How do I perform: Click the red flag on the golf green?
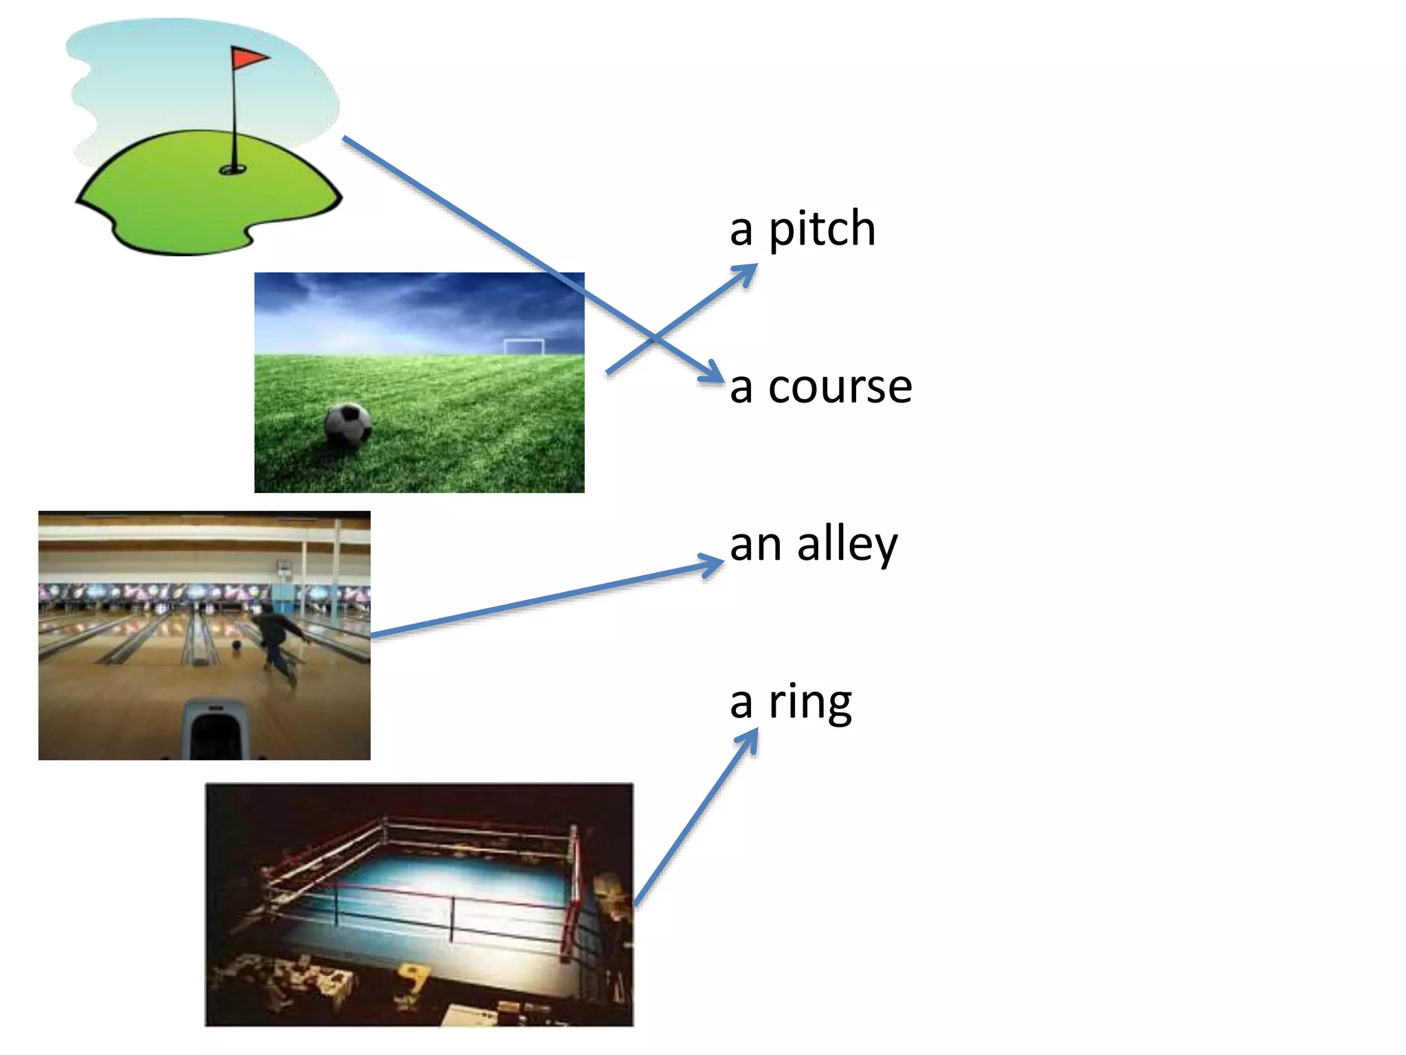click(x=248, y=58)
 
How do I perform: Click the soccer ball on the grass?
click(x=348, y=424)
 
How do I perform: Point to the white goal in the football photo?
click(x=524, y=346)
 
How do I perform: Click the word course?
click(x=840, y=386)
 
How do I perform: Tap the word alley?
click(x=846, y=544)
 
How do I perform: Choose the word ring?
click(x=810, y=702)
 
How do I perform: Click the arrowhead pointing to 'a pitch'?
click(x=748, y=272)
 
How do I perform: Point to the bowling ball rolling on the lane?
click(x=237, y=646)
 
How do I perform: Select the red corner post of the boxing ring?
click(x=571, y=893)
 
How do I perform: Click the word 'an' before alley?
click(x=755, y=545)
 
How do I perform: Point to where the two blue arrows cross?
click(x=654, y=339)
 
